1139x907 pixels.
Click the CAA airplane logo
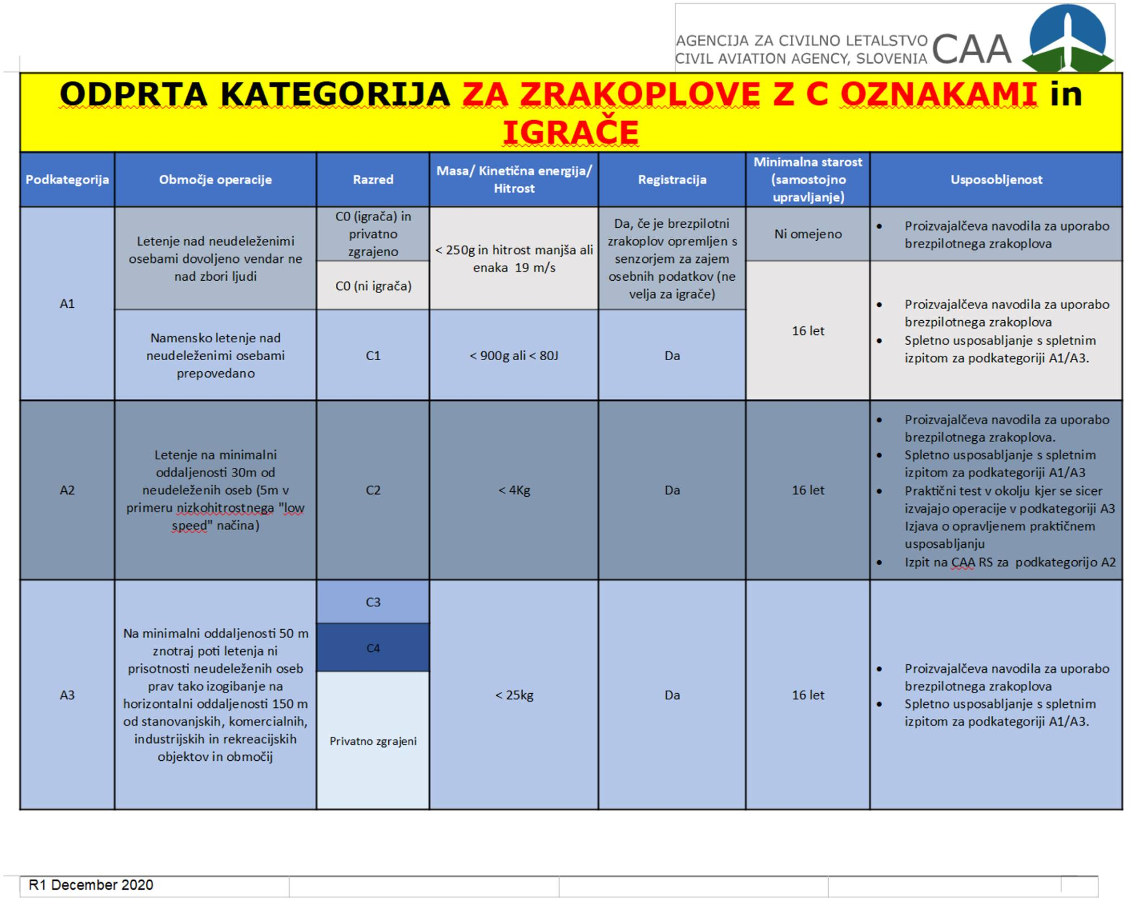[x=1067, y=39]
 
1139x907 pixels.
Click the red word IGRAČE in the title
[x=571, y=132]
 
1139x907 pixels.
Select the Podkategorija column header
[x=67, y=180]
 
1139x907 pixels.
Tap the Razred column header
[x=373, y=180]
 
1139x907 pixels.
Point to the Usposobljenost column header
[x=996, y=180]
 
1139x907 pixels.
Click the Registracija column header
[x=672, y=180]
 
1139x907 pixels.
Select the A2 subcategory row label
[x=67, y=490]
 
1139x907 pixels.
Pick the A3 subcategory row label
[x=67, y=695]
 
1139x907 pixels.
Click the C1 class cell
[x=373, y=356]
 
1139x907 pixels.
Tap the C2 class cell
[x=373, y=490]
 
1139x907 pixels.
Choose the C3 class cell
[x=373, y=602]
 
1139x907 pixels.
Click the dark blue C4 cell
[x=373, y=648]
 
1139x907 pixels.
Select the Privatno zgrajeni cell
[x=373, y=741]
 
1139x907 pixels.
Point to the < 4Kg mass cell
[x=514, y=490]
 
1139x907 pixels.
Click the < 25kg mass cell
[x=514, y=695]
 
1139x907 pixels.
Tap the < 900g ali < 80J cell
[x=514, y=356]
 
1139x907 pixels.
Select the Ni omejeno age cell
[x=808, y=234]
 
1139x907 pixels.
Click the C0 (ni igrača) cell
[x=373, y=286]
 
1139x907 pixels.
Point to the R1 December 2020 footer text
[x=91, y=885]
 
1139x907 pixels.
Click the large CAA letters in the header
[x=972, y=49]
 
